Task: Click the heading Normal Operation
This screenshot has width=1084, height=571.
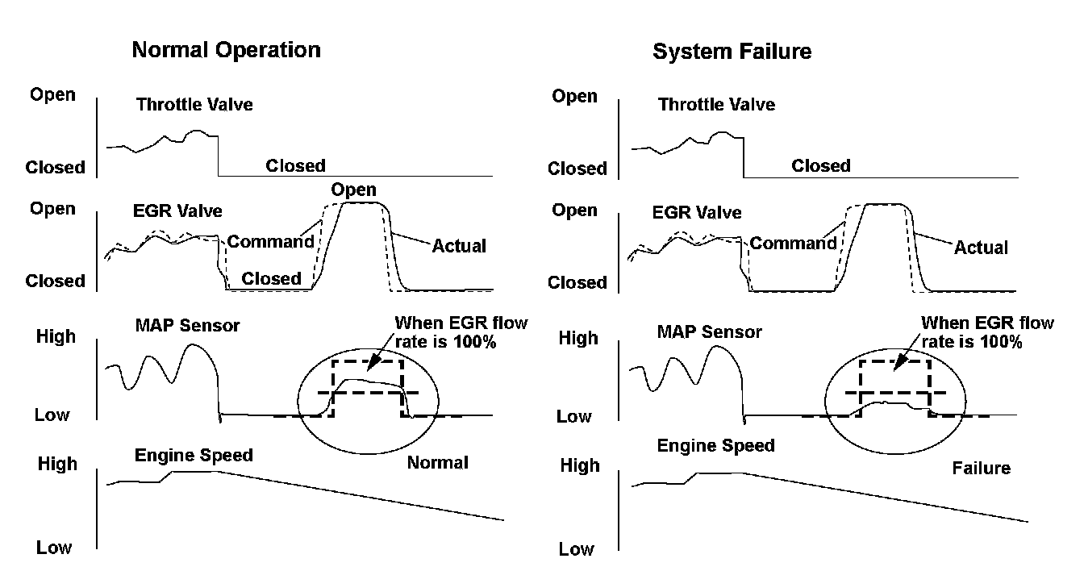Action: point(226,50)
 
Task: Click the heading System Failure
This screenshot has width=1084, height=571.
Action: point(732,52)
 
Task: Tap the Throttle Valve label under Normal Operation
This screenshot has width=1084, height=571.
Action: point(194,104)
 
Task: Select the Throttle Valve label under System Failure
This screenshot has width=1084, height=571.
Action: point(716,105)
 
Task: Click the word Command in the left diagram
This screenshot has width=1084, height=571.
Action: point(270,241)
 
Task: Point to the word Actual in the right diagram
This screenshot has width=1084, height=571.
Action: point(981,248)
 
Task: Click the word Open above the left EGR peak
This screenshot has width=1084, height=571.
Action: point(353,190)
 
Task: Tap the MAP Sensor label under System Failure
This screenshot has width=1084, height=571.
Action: point(709,331)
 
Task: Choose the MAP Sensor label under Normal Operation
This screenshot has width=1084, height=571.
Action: point(188,326)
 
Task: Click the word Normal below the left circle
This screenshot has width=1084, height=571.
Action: point(437,462)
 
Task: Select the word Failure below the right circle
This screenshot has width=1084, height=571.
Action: point(981,468)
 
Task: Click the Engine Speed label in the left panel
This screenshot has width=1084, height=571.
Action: point(194,455)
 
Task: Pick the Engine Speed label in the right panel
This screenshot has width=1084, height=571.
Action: point(715,445)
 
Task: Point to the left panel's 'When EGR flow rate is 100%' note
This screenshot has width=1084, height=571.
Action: point(461,331)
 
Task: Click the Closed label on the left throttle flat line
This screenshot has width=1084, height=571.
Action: point(295,166)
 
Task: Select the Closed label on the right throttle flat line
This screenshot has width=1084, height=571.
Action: point(820,166)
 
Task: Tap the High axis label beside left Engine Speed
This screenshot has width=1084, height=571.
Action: point(56,465)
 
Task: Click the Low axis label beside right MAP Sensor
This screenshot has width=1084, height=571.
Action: point(574,417)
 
